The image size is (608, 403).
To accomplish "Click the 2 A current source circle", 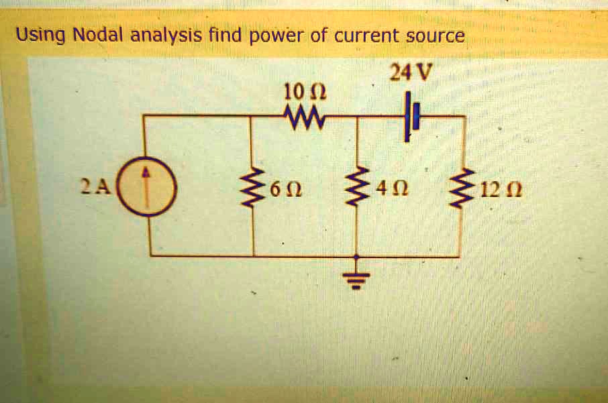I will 149,186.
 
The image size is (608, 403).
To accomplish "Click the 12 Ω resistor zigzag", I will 460,188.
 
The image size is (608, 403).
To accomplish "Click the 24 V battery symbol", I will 410,117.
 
